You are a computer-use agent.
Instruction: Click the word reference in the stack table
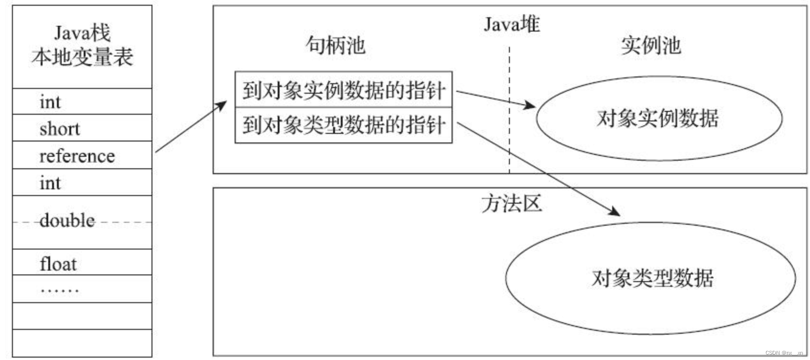(77, 156)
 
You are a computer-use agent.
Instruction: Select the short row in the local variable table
(60, 129)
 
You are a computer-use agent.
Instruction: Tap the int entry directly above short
(50, 102)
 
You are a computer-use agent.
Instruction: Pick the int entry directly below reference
(50, 183)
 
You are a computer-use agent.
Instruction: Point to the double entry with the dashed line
(67, 220)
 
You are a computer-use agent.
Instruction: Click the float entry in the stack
(58, 263)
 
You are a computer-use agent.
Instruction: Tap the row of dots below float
(60, 290)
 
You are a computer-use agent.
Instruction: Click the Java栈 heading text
(82, 33)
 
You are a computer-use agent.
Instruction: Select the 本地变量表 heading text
(82, 57)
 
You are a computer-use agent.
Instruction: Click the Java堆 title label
(511, 24)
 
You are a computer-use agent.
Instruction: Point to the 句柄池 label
(335, 45)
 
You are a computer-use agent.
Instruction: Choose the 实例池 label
(650, 45)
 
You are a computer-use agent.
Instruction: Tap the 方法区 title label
(511, 204)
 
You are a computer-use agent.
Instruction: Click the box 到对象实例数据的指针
(344, 90)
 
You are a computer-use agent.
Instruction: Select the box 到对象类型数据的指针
(344, 125)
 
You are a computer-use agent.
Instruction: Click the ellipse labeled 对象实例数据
(659, 118)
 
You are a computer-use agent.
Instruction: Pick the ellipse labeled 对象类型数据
(651, 278)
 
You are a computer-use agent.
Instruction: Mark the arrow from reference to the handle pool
(191, 127)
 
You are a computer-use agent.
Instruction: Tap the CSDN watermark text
(784, 353)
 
